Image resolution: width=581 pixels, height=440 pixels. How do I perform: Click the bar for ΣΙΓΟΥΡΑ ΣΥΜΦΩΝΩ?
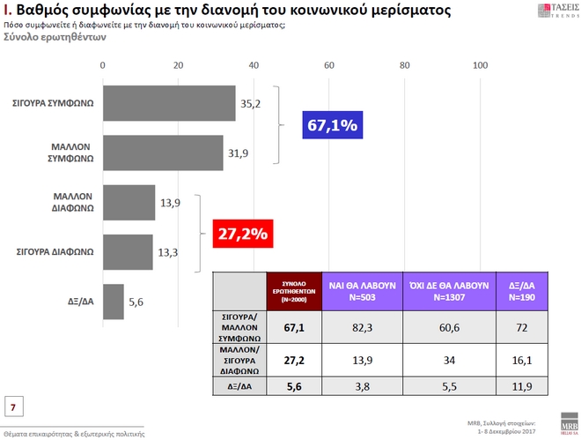(x=169, y=103)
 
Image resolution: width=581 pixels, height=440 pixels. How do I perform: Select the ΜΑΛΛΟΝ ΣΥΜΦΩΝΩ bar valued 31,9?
(x=163, y=153)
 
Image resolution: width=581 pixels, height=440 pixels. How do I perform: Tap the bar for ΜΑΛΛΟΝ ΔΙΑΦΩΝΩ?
(x=129, y=202)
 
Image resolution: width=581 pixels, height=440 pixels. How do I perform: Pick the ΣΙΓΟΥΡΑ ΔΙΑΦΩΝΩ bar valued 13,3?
(x=129, y=251)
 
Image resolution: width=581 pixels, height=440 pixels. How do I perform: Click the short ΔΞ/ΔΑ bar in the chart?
(x=114, y=301)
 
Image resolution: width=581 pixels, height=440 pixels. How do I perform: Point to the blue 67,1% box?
(x=332, y=126)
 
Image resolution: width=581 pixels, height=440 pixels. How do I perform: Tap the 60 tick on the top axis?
(x=330, y=66)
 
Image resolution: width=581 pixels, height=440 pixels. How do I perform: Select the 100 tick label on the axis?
(x=481, y=66)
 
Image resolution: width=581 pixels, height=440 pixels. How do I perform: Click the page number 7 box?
(x=14, y=406)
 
